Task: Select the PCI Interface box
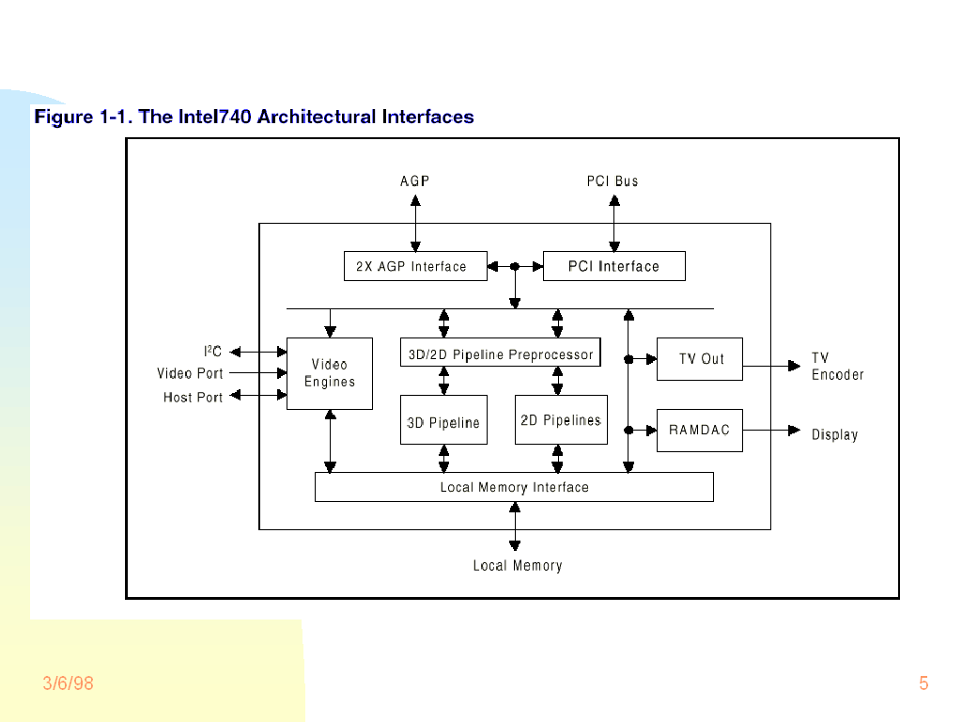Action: point(613,266)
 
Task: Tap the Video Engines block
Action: point(330,373)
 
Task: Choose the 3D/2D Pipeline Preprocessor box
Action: point(500,353)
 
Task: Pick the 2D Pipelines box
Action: point(561,419)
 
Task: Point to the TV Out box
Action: point(699,359)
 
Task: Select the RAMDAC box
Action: point(699,430)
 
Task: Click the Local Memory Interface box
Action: point(514,487)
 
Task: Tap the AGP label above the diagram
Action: point(414,181)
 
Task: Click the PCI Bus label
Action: point(613,181)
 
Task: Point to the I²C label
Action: point(213,352)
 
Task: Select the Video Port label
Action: point(190,373)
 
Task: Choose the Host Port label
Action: point(193,398)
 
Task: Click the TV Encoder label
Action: point(837,367)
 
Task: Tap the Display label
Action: point(834,434)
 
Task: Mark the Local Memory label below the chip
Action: point(518,566)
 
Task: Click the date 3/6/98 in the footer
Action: point(69,683)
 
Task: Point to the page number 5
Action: point(923,683)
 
